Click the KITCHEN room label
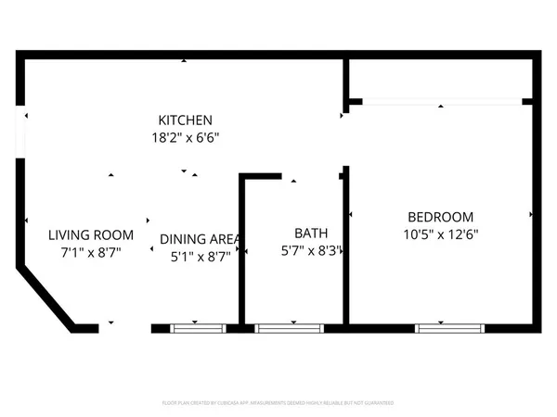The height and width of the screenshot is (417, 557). coord(186,120)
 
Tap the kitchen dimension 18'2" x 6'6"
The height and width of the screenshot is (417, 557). coord(186,137)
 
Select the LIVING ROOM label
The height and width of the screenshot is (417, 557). coord(91,234)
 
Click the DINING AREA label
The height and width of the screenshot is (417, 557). coord(196,238)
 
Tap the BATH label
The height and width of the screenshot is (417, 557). coord(311,234)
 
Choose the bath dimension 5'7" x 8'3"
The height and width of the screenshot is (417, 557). coord(312,250)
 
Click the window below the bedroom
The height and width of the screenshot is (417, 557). coord(450,327)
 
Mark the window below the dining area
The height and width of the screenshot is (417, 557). coord(199,327)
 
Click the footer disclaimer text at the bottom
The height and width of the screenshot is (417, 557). coord(278,404)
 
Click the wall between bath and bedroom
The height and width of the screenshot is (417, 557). coord(345,250)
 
